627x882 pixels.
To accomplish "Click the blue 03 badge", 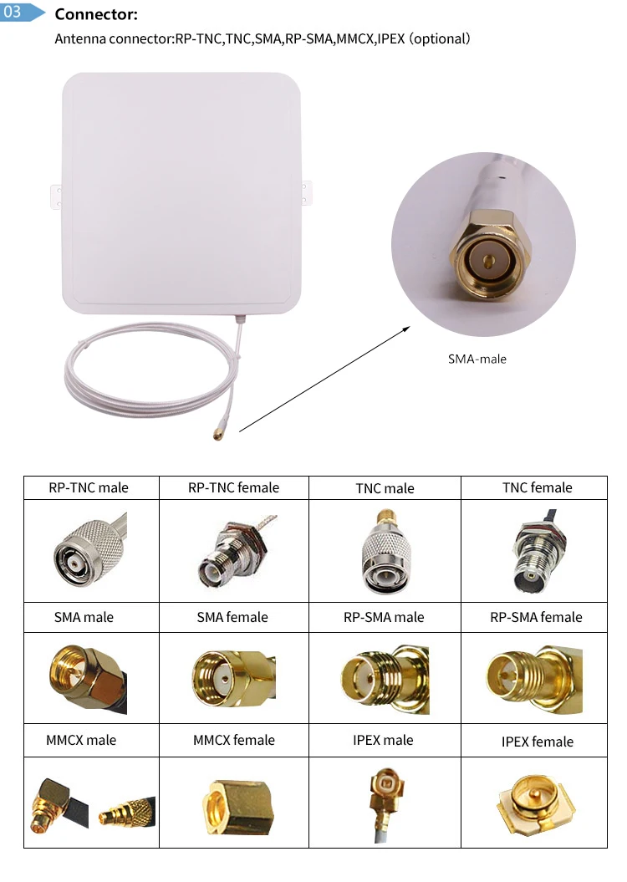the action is point(18,13).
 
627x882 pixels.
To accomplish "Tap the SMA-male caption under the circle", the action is point(477,359).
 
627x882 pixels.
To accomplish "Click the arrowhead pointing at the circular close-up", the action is point(407,328).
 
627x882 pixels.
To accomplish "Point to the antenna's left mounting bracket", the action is point(56,196).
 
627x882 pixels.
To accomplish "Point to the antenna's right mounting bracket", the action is point(308,191).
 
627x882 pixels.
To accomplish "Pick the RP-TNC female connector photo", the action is point(232,551).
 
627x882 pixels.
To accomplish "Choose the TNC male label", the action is point(385,488).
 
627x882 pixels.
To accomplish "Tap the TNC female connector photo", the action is point(536,551).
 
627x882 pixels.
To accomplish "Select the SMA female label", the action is point(232,617).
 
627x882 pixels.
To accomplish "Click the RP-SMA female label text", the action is point(536,617).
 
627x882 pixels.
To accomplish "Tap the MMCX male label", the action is point(81,740).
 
